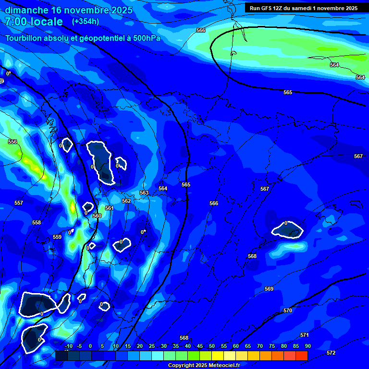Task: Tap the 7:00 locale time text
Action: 34,22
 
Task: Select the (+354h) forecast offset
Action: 85,22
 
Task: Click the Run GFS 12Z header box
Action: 303,8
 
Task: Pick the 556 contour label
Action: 12,142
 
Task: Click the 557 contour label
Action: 19,203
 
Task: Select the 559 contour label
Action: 57,237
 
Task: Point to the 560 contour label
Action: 97,216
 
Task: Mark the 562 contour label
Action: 126,201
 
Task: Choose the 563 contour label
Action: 144,193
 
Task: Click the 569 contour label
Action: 269,289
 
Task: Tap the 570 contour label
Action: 288,311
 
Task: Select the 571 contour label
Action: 304,335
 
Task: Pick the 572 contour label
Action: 331,353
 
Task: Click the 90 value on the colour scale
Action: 307,346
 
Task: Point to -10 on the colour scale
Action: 68,346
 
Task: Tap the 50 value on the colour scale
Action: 212,346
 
